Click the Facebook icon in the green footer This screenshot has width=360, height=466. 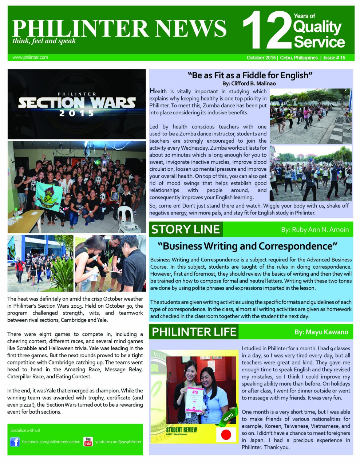[x=15, y=442]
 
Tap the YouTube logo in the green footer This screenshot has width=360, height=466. [x=88, y=442]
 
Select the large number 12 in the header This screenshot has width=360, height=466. [x=266, y=30]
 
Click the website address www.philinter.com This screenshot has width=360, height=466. [x=30, y=58]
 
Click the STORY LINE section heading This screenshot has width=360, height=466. [x=186, y=229]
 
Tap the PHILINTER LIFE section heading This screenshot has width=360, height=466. [x=194, y=332]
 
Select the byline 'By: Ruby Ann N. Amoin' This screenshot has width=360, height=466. [x=315, y=230]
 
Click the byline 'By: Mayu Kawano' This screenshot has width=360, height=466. [x=321, y=332]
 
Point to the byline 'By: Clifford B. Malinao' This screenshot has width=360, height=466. [x=249, y=83]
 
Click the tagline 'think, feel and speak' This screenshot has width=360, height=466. [x=44, y=41]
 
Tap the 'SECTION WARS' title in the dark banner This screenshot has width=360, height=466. [x=77, y=102]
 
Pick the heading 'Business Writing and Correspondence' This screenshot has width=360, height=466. [x=248, y=246]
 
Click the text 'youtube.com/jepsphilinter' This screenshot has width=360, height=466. [x=118, y=442]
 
